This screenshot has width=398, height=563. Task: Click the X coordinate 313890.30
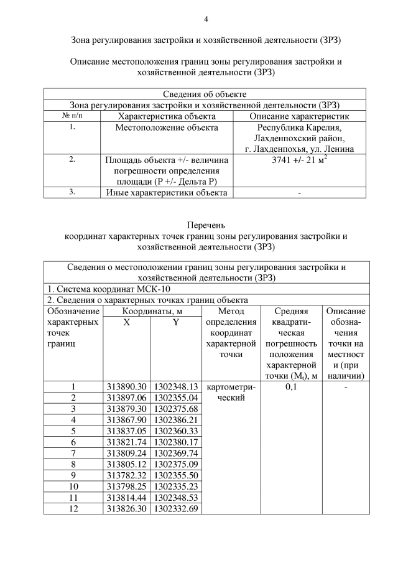(x=126, y=386)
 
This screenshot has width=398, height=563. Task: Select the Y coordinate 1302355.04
(x=175, y=397)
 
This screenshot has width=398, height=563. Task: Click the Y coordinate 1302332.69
(x=175, y=508)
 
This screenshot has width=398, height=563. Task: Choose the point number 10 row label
(x=73, y=486)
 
